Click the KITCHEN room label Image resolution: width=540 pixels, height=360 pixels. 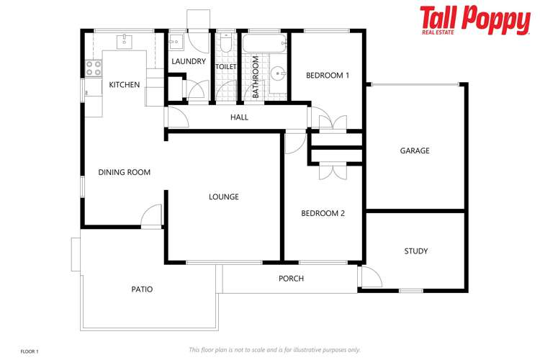tap(125, 85)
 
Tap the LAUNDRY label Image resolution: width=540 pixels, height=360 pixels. tap(189, 62)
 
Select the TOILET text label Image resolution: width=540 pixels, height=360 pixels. tap(226, 67)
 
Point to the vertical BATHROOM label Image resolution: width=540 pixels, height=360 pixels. tap(256, 77)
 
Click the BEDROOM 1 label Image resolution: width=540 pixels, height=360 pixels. tap(328, 75)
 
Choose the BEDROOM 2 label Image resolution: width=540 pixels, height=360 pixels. tap(323, 213)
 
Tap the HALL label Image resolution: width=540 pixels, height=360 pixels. tap(239, 117)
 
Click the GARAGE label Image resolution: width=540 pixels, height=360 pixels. tap(415, 150)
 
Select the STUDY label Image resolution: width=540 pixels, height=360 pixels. tap(415, 251)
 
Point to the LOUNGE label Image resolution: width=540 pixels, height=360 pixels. tap(223, 197)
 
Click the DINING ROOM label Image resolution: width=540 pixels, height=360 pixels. tap(125, 172)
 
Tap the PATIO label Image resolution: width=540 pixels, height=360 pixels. tap(142, 289)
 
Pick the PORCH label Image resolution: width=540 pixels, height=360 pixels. tap(291, 279)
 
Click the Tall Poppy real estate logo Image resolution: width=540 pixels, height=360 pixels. tap(474, 20)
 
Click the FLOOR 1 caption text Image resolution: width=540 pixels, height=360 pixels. tap(30, 351)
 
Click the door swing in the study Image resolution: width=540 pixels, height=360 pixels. tap(370, 277)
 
